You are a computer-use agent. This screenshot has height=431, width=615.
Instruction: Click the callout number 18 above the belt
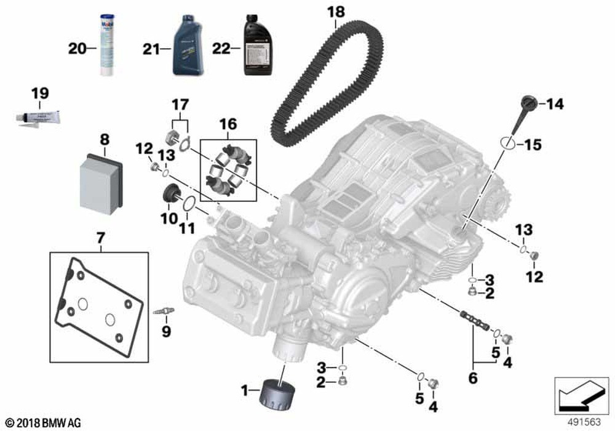336,12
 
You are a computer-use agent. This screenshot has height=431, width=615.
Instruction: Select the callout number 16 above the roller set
228,126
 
